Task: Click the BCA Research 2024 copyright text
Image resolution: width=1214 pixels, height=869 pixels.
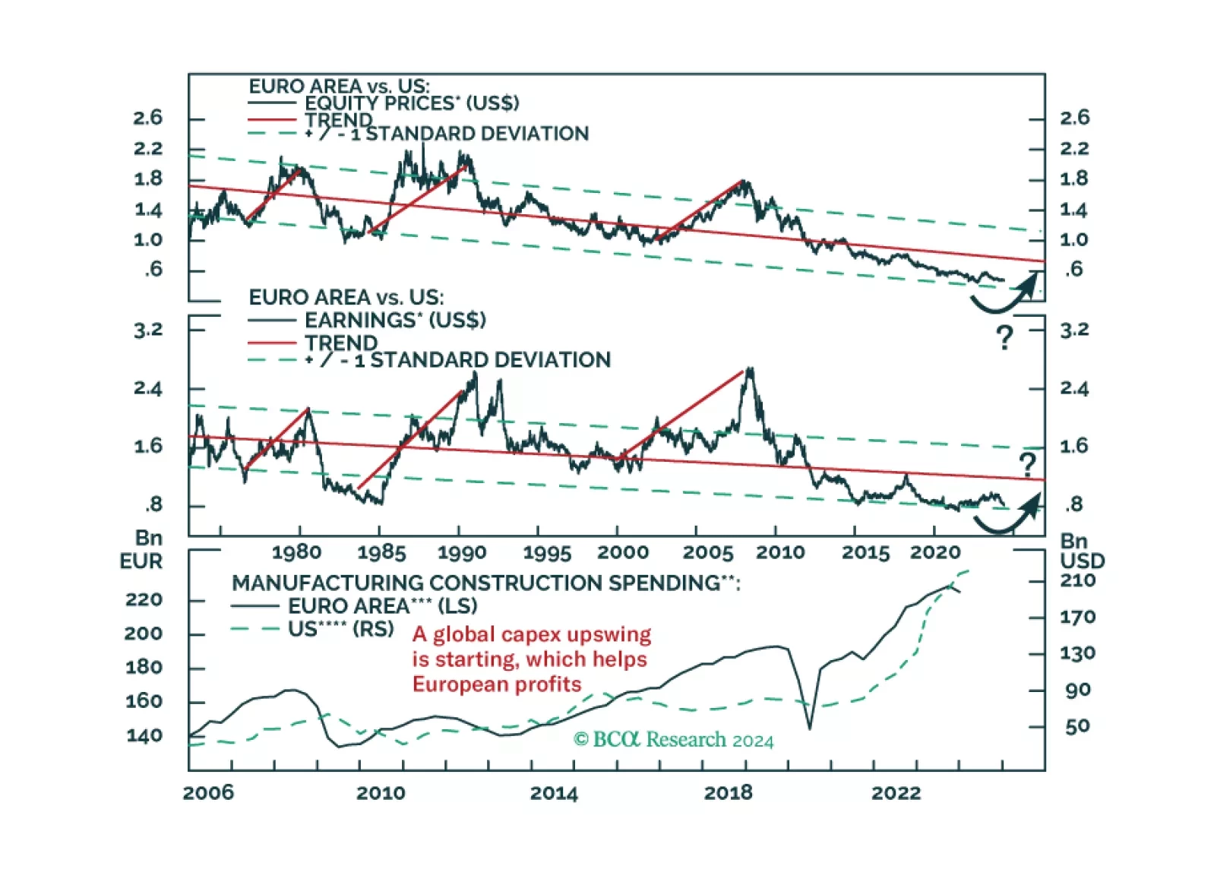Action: tap(673, 740)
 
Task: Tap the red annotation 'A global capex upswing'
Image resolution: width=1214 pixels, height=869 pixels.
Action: tap(532, 634)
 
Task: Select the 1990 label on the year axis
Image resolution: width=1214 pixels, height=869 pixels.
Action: tap(462, 552)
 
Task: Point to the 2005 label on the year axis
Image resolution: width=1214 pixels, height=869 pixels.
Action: tap(707, 552)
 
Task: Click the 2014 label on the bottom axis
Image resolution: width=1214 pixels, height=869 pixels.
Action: tap(554, 793)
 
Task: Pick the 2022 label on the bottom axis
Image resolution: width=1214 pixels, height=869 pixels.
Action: tap(896, 793)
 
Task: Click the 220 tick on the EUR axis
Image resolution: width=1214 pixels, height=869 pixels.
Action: tap(144, 600)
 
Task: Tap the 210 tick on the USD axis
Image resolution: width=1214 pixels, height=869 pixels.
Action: tap(1078, 581)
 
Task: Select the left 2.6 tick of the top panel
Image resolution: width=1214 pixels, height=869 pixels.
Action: tap(147, 118)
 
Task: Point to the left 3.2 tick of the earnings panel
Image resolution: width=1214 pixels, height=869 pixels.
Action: tap(147, 330)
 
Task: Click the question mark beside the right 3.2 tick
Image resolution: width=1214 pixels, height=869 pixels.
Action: tap(1004, 337)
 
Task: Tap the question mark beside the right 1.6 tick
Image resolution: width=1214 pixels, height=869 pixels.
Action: tap(1027, 464)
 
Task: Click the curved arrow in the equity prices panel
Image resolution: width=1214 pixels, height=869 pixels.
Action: tap(1004, 296)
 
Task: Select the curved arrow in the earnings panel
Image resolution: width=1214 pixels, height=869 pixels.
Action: tap(1007, 517)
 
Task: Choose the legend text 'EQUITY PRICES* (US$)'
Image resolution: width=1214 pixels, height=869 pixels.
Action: tap(412, 103)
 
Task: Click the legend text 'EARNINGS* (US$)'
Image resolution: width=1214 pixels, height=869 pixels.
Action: tap(395, 321)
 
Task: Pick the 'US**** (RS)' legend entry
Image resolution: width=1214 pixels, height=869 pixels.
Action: tap(340, 629)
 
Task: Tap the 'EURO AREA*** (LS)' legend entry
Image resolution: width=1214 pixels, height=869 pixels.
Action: tap(382, 606)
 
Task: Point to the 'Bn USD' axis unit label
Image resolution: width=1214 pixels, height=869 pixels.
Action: tap(1082, 551)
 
